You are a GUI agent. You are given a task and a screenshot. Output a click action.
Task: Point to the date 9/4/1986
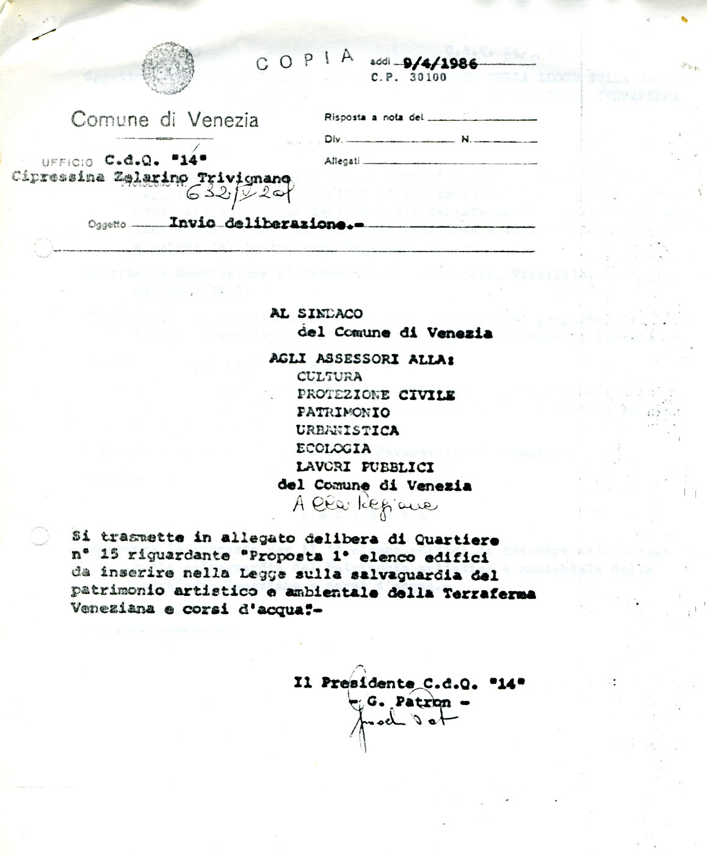coord(440,64)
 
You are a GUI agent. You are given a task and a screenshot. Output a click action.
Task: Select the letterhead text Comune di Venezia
coord(165,118)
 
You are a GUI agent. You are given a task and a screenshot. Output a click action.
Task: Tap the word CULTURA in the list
coord(329,376)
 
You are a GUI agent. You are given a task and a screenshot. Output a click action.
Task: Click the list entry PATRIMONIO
coord(343,413)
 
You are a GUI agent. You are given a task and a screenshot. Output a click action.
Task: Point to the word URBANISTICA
coord(347,430)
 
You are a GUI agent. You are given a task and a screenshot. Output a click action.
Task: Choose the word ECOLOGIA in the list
coord(333,449)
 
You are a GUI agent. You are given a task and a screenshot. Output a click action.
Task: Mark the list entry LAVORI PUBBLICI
coord(364,467)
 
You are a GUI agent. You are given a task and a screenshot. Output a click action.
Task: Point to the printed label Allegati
coord(342,162)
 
